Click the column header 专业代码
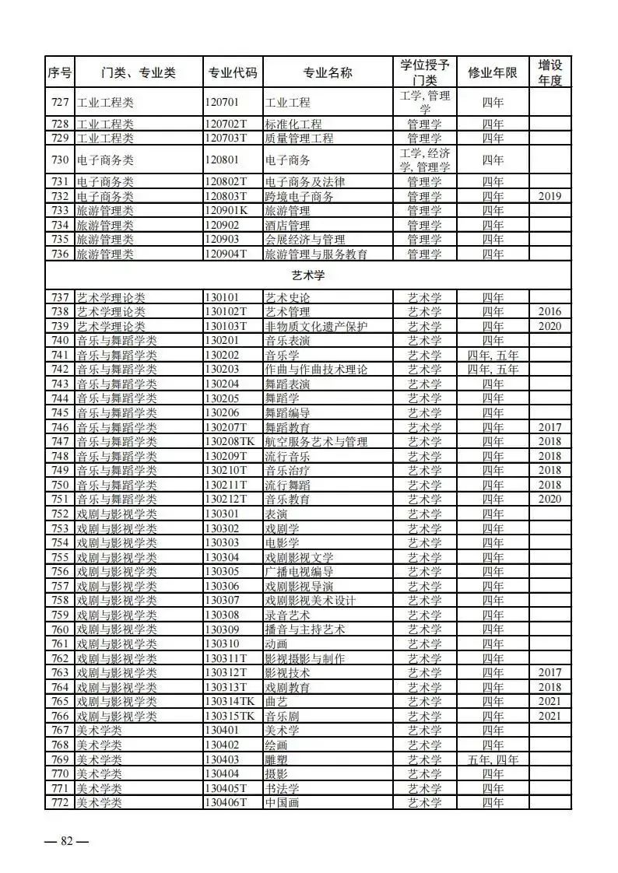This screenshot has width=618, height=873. click(x=232, y=73)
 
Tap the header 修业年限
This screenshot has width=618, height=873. click(x=493, y=73)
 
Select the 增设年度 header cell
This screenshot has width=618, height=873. click(x=550, y=72)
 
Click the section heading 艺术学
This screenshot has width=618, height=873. click(x=307, y=275)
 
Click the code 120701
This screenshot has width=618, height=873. click(x=222, y=102)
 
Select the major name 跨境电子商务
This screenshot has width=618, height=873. click(x=300, y=197)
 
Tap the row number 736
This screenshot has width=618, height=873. click(x=60, y=254)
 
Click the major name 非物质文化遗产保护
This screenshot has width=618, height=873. click(x=315, y=327)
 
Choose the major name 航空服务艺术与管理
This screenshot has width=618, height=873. click(x=316, y=442)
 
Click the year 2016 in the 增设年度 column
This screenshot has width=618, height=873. click(x=550, y=312)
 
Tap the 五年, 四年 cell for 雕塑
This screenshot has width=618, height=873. click(x=493, y=759)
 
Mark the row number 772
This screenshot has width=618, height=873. click(x=60, y=803)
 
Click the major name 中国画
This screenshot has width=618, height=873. click(x=283, y=803)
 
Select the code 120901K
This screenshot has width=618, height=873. click(x=226, y=211)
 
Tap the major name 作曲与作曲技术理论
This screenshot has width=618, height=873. click(x=316, y=370)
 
